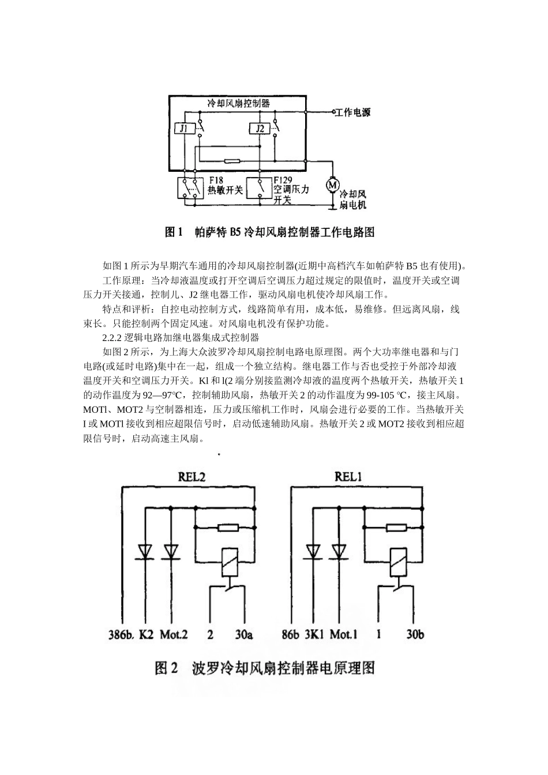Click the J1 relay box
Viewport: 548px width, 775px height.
tap(184, 129)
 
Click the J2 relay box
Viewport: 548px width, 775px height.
tap(260, 129)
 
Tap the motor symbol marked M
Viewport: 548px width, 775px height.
tap(332, 185)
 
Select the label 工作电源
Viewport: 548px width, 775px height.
tap(354, 112)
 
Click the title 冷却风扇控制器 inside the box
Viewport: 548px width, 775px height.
tap(239, 103)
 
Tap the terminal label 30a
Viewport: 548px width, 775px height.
tap(243, 635)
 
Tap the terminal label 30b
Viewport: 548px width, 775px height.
tap(415, 635)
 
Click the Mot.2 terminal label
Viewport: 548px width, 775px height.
tap(174, 635)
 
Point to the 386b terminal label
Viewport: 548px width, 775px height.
tap(122, 635)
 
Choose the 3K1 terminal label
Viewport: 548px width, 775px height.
tap(316, 635)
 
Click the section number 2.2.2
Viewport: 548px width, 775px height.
tap(112, 337)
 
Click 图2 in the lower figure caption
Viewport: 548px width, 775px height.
tap(168, 668)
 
